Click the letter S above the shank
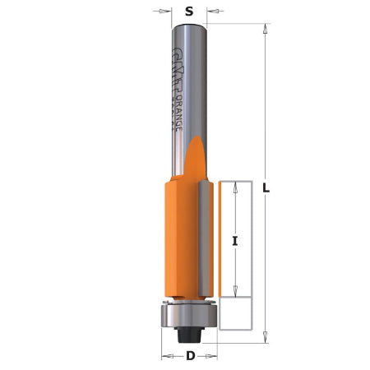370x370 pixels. pyautogui.click(x=189, y=12)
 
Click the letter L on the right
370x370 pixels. pyautogui.click(x=266, y=188)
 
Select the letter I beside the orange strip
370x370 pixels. pyautogui.click(x=235, y=241)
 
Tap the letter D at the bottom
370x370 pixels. pyautogui.click(x=190, y=357)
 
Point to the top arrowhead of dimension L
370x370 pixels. pyautogui.click(x=266, y=29)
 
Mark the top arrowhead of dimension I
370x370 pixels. pyautogui.click(x=236, y=185)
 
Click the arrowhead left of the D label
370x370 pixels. pyautogui.click(x=165, y=357)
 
